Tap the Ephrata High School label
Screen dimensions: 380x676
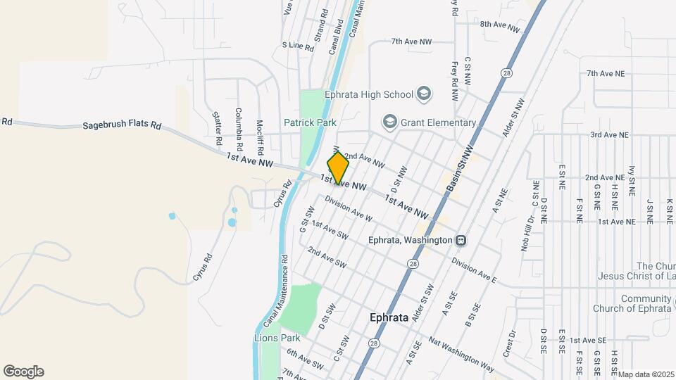368,94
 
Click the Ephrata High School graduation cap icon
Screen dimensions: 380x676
424,94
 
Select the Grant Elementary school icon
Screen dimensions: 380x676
389,122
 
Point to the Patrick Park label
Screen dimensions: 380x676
310,122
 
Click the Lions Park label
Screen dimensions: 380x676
277,338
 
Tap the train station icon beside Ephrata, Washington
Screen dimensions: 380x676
461,240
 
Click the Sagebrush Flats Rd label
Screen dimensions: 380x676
122,125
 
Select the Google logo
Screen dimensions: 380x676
23,372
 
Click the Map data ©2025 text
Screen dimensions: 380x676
646,374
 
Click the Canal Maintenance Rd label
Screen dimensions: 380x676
277,288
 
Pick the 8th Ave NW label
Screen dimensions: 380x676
499,25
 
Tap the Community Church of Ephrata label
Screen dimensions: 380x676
632,303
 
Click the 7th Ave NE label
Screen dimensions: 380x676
606,73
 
